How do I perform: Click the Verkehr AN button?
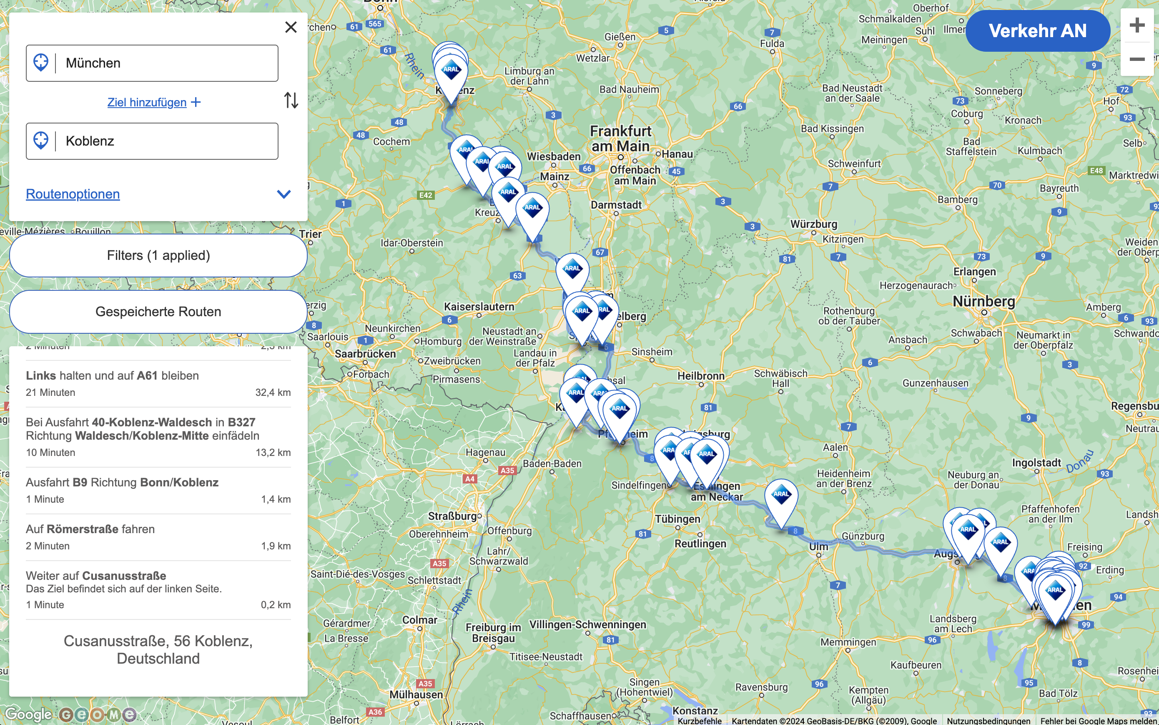click(x=1037, y=31)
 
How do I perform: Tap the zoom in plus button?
click(x=1136, y=25)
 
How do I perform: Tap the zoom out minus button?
click(x=1136, y=59)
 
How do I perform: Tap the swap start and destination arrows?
click(x=291, y=100)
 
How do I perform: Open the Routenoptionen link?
click(x=73, y=194)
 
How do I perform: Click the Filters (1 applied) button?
click(x=158, y=256)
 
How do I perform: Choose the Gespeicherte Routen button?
click(x=158, y=312)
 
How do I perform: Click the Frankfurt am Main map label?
click(x=620, y=138)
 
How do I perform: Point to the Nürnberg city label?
click(x=983, y=302)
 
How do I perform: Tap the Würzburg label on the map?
click(x=813, y=224)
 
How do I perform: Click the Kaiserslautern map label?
click(x=479, y=307)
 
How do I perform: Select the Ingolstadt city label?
click(x=1036, y=463)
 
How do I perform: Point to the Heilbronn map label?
click(x=700, y=376)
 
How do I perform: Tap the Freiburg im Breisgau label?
click(x=493, y=632)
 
